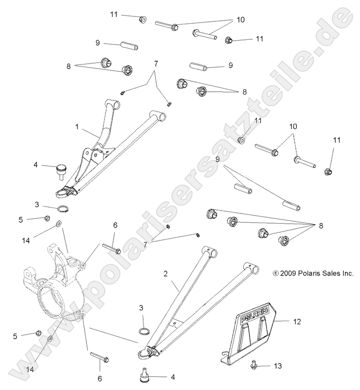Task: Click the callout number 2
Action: [166, 275]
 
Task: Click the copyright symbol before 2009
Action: [276, 274]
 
